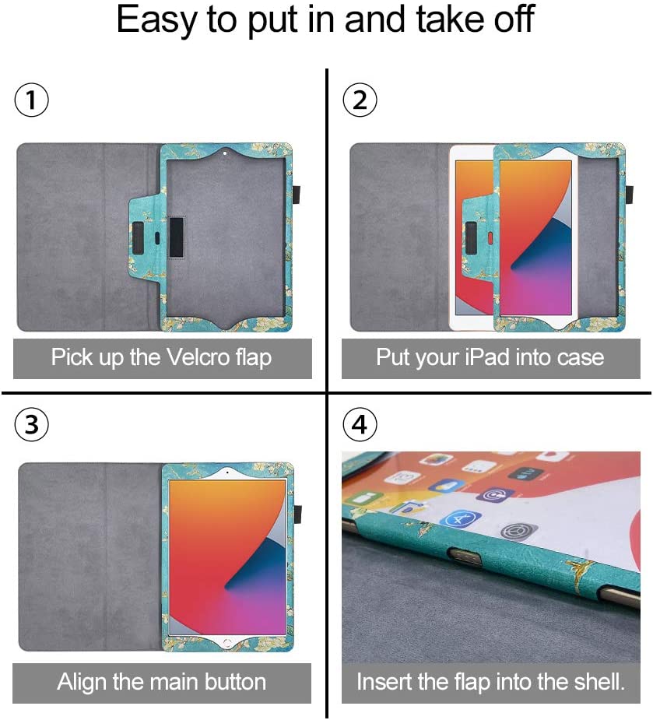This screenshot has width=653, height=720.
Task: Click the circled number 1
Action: [x=32, y=99]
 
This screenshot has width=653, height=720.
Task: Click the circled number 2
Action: [x=360, y=99]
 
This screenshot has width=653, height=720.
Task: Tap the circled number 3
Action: [x=32, y=423]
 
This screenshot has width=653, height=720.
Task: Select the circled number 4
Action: [x=360, y=423]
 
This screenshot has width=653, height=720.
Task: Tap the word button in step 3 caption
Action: [x=236, y=681]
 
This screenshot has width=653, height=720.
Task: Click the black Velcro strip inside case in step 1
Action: [x=176, y=237]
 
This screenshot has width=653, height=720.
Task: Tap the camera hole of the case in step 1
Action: [x=225, y=153]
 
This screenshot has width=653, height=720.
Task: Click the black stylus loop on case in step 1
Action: [x=297, y=195]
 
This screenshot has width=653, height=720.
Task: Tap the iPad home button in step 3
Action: [x=226, y=641]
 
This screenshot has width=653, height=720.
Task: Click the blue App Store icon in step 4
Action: [x=461, y=520]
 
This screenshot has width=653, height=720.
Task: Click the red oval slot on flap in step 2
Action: [x=490, y=237]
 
